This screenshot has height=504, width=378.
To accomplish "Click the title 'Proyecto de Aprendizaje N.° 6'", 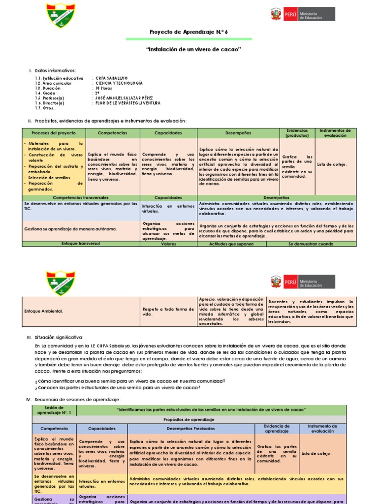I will coord(189,32).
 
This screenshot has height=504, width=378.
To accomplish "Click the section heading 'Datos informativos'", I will coord(55,71).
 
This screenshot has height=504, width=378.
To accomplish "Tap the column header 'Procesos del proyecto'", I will coord(54,133).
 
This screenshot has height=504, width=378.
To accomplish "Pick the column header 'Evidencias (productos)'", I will coord(297,133).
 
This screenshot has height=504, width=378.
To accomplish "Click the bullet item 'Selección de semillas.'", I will coord(50,177).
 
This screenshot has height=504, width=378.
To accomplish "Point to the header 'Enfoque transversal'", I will coord(81,244).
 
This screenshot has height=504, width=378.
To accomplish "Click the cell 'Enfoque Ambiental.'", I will coord(44,311).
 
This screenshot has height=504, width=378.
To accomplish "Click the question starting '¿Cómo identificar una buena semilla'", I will coord(130,381).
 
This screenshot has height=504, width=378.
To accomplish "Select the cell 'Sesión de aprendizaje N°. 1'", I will coord(54,409).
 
